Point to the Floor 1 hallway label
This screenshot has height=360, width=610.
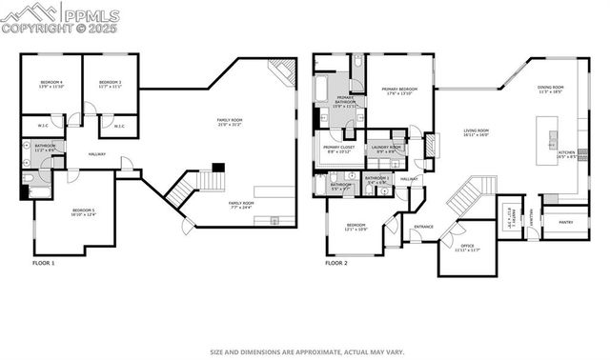[95, 153]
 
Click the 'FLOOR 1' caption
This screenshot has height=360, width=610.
[44, 262]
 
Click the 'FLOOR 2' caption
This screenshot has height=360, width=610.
[336, 262]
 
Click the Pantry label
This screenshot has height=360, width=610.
[565, 222]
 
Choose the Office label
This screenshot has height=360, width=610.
[467, 221]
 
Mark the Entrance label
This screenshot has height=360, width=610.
[422, 227]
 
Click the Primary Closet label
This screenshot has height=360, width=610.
[338, 149]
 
